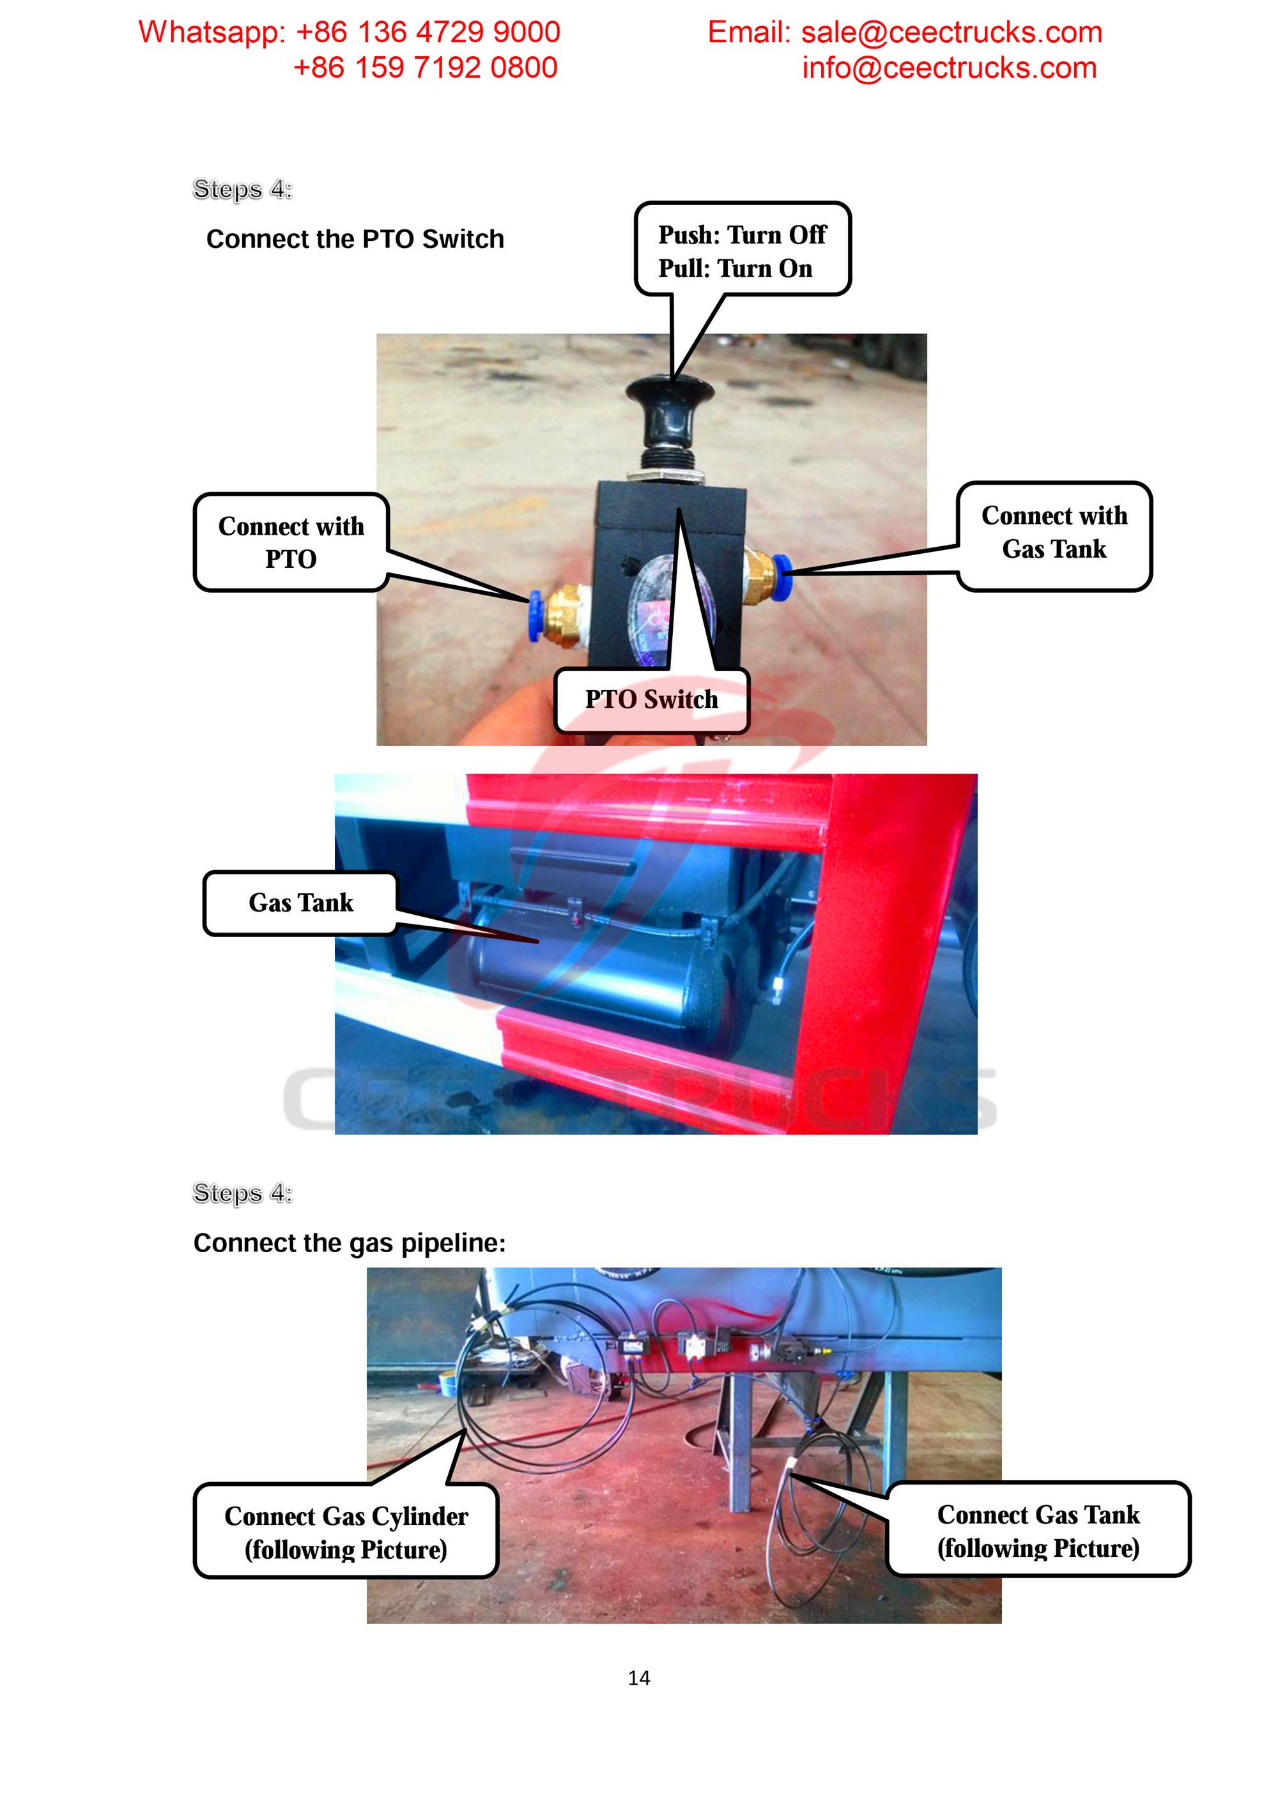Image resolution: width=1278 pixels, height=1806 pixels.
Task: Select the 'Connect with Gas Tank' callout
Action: (1054, 533)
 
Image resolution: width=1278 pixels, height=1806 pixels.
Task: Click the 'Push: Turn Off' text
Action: (741, 234)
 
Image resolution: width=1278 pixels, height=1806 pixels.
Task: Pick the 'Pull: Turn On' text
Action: (735, 268)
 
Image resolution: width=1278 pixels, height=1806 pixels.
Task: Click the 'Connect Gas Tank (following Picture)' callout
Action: (1038, 1530)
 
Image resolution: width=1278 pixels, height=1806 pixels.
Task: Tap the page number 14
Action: (639, 1678)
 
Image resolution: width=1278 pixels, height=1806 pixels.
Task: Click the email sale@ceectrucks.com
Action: (951, 32)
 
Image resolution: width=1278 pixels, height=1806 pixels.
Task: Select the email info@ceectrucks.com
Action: (949, 68)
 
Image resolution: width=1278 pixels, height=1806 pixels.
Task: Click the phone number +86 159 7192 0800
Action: (425, 68)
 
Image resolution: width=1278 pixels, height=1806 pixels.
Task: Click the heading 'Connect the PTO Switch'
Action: (355, 239)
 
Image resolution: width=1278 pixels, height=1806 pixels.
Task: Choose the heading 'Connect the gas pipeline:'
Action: (350, 1243)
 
